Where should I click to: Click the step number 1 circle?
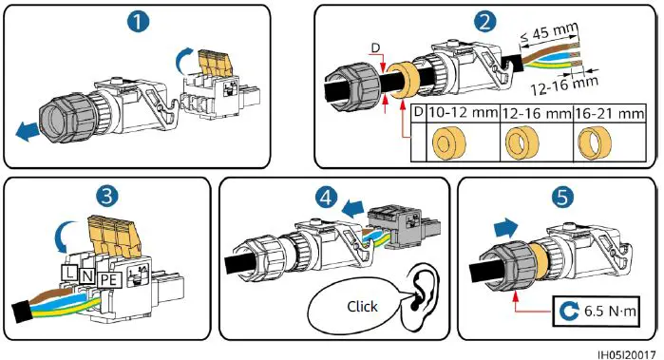coord(139,20)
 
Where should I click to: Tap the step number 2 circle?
coord(484,20)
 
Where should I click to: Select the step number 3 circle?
coord(106,197)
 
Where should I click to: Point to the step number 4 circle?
coord(326,197)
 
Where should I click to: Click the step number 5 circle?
coord(562,198)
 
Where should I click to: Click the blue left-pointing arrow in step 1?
coord(28,131)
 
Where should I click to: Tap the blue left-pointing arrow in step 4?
coord(353,207)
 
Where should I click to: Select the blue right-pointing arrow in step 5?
coord(506,229)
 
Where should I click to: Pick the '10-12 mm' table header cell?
coord(463,113)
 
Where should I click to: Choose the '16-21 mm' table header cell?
coord(609,113)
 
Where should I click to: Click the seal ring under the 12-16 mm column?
coord(522,142)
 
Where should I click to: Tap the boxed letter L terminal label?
coord(69,272)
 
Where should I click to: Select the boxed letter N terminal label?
coord(87,275)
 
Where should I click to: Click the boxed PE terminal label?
coord(109,280)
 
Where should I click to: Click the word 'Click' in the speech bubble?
coord(362,306)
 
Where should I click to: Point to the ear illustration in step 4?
coord(421,297)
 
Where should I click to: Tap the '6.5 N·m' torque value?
coord(610,312)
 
